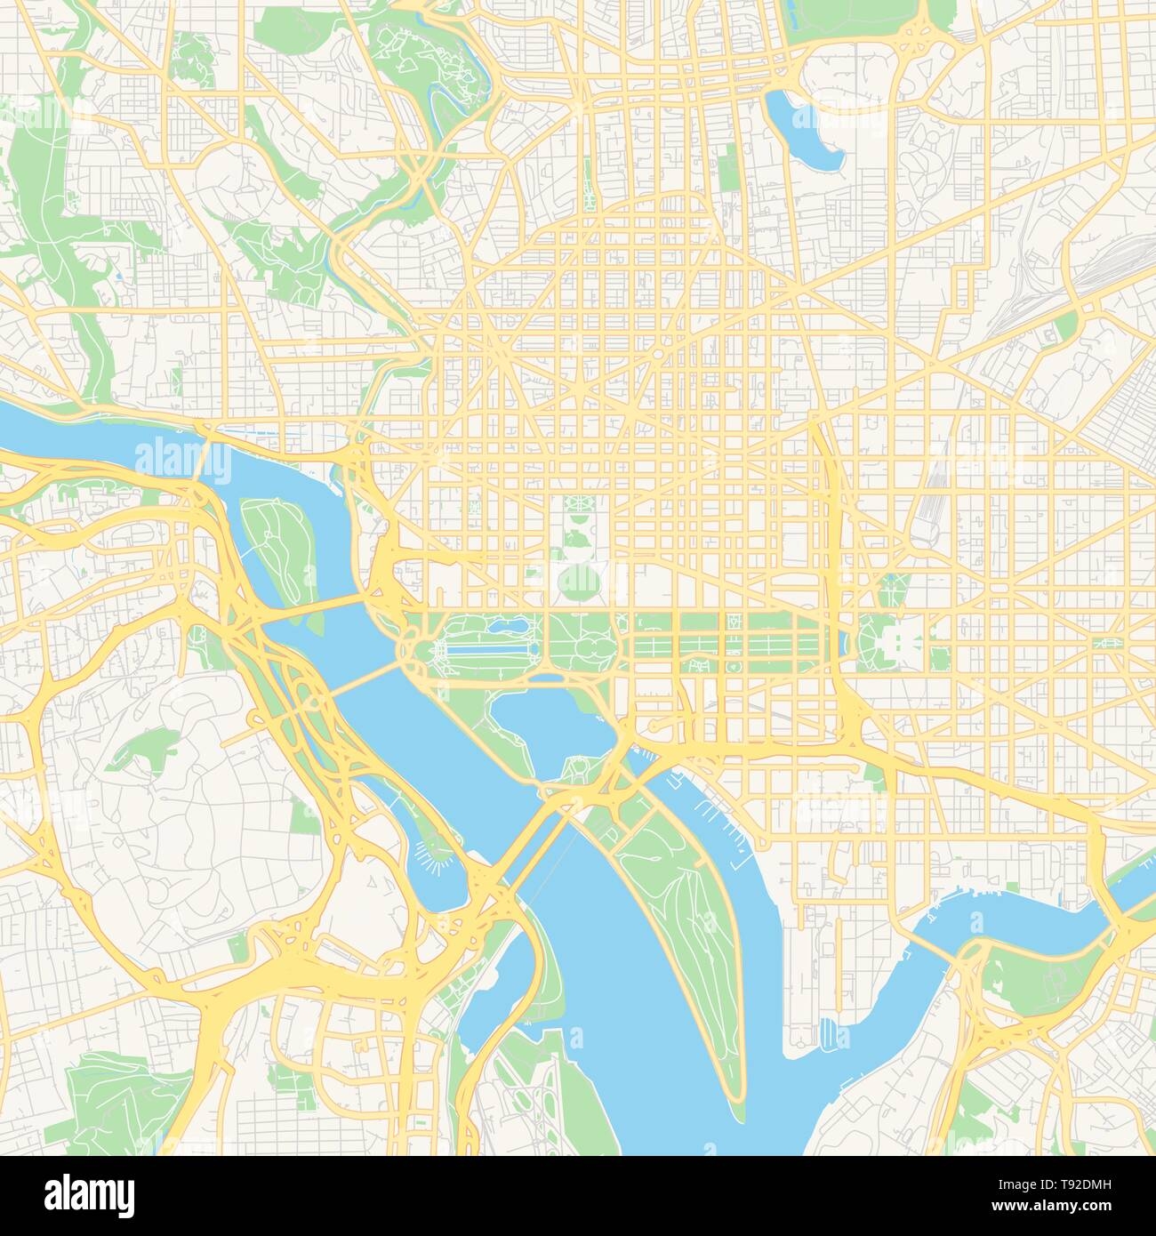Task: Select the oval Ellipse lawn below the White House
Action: (x=578, y=583)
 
